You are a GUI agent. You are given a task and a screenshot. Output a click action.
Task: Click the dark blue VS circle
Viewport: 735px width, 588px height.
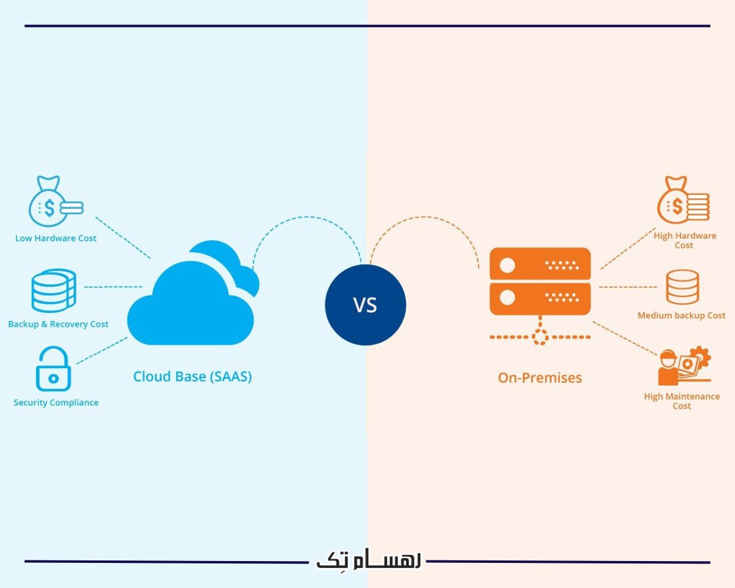365,305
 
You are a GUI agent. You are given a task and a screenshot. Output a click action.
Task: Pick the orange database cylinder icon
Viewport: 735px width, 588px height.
682,287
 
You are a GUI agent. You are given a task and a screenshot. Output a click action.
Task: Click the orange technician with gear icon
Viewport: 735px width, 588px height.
682,367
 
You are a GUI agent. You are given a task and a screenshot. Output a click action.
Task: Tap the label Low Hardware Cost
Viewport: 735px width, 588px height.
56,238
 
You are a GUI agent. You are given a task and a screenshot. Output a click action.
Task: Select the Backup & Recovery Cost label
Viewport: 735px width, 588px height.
58,324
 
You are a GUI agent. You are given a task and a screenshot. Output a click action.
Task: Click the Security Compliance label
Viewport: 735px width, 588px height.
56,402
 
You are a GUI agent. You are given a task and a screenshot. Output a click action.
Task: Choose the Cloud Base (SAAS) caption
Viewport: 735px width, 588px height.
192,376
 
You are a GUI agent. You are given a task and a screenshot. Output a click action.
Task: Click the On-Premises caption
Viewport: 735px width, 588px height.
540,377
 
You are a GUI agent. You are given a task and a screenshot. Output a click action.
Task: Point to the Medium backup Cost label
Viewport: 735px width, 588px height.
681,315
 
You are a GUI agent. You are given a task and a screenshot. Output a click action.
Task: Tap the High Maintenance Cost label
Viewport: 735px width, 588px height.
682,401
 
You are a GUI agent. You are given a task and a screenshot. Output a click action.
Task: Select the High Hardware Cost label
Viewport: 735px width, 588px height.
684,240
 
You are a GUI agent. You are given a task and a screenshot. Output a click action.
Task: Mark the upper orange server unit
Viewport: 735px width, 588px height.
540,265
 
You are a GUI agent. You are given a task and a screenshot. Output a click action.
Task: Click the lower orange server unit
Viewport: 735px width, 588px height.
540,298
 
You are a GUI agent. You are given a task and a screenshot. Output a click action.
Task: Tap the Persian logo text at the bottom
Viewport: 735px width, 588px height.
368,562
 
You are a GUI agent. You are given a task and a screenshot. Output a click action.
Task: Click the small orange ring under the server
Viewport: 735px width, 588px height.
540,336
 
